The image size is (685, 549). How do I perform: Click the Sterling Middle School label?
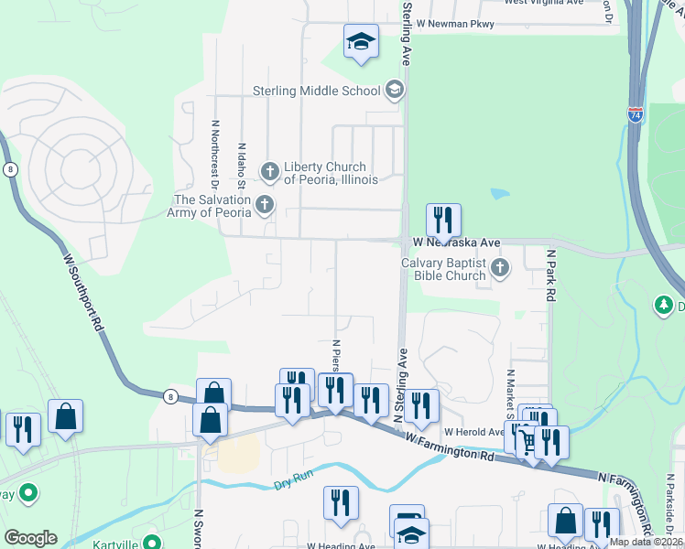316,91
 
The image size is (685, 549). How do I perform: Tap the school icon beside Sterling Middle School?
395,90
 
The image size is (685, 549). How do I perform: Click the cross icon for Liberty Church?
270,171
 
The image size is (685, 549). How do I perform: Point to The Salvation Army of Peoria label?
212,206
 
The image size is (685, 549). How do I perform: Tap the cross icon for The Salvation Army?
265,205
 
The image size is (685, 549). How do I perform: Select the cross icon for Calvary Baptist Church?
499,269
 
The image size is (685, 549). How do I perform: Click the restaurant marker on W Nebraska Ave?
443,221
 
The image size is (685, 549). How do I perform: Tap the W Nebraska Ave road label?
456,242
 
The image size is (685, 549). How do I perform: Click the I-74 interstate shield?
636,116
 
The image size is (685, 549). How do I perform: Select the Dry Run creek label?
295,484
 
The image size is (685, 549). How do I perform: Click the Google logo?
30,538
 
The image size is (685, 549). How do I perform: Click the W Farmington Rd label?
453,449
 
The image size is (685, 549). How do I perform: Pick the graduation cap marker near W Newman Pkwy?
362,41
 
